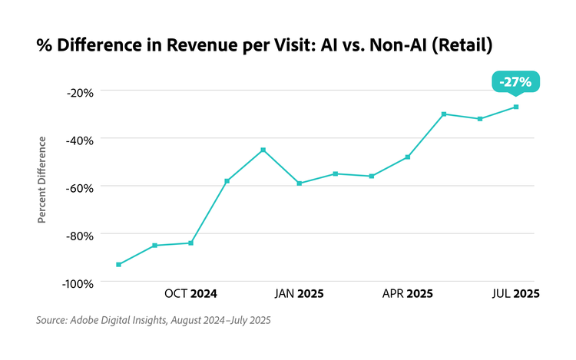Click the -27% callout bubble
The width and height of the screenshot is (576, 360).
click(x=515, y=81)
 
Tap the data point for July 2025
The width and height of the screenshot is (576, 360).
click(x=516, y=107)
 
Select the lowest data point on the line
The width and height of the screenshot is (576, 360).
click(x=118, y=265)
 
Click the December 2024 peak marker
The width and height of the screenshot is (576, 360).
click(x=263, y=150)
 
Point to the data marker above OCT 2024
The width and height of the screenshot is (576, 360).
click(x=190, y=243)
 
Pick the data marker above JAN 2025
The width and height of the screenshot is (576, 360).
click(x=299, y=183)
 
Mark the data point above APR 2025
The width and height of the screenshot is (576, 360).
click(x=408, y=157)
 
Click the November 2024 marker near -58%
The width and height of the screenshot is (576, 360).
click(x=227, y=181)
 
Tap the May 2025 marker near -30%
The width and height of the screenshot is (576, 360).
click(x=444, y=114)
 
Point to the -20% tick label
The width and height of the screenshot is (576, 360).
click(x=79, y=92)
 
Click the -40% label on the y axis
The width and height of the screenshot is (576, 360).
click(x=79, y=140)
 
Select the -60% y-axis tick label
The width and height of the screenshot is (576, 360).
click(x=79, y=187)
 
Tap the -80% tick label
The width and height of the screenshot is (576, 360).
click(x=79, y=235)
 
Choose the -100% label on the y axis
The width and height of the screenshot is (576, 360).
click(x=77, y=282)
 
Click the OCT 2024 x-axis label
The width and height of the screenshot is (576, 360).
click(x=190, y=294)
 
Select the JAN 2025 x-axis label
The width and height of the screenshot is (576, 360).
click(x=299, y=294)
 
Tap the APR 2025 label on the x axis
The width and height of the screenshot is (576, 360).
click(x=408, y=294)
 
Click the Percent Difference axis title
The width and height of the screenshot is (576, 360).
click(x=42, y=180)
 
